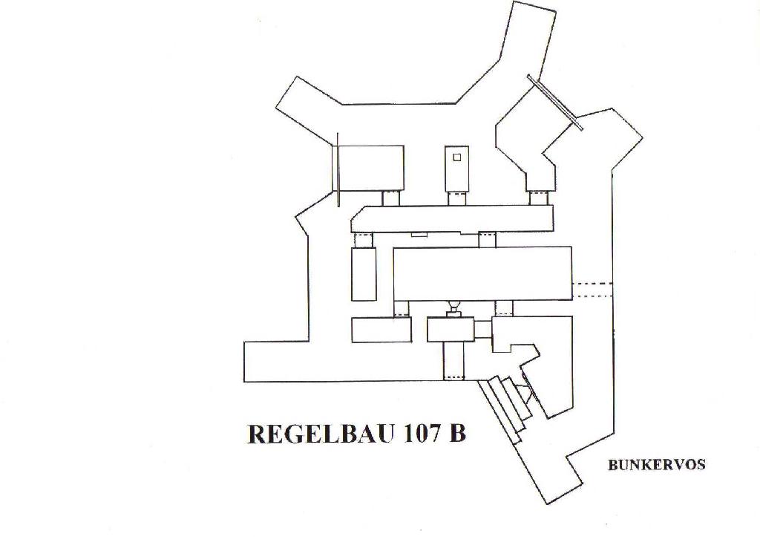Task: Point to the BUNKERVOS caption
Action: pos(657,465)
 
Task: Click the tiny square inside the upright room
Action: pos(456,157)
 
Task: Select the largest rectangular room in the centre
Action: pos(482,274)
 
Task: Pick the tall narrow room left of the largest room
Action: pos(364,274)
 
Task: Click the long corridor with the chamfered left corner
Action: pos(452,219)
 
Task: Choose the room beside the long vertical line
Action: pos(371,169)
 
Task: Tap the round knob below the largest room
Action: pos(453,305)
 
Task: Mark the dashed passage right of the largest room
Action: pos(592,290)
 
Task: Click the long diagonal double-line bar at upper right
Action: pos(554,102)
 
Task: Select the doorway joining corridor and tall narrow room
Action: pos(363,240)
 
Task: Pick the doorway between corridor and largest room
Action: pos(487,240)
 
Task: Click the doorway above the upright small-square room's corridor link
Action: pos(456,198)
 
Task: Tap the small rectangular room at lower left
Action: pos(381,330)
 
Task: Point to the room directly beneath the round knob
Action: pos(451,329)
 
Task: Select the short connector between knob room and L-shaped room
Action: pos(482,329)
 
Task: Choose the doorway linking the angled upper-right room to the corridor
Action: pos(538,198)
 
